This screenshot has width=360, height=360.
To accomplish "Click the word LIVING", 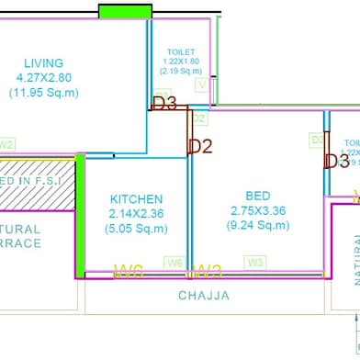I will click(x=44, y=62).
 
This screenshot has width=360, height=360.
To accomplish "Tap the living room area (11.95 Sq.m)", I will click(x=44, y=92).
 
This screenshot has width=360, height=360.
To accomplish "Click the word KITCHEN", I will click(x=136, y=199).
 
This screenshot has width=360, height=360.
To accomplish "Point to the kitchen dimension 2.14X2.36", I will click(x=136, y=214).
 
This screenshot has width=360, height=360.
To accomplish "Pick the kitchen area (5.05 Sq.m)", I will click(x=136, y=229).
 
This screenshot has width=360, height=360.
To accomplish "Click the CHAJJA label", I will click(x=204, y=296).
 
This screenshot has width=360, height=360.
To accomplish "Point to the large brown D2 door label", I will click(x=200, y=145).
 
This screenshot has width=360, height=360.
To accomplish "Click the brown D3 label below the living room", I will click(x=164, y=104).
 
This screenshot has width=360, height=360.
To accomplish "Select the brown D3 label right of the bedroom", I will click(x=337, y=162).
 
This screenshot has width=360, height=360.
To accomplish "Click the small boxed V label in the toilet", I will click(x=201, y=84).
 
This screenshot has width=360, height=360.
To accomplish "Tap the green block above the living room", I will click(x=125, y=11).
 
